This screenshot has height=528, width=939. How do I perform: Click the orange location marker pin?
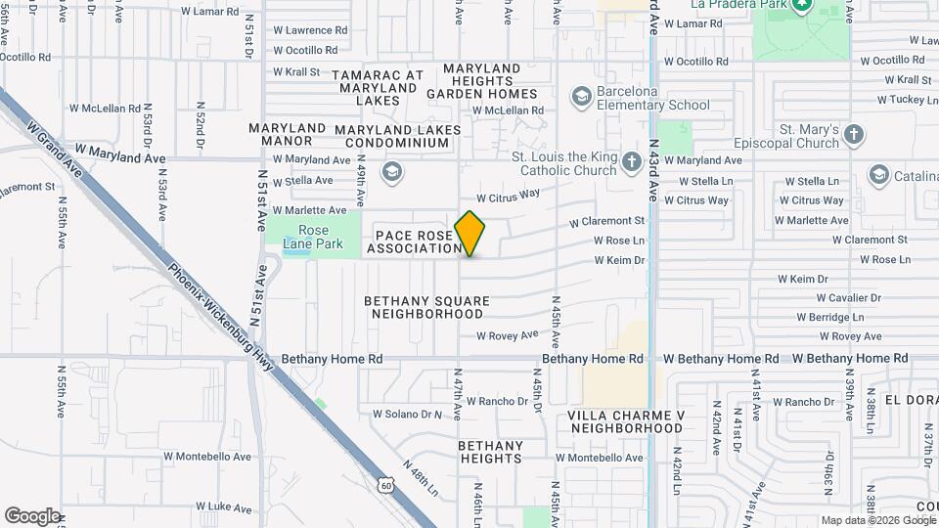pyautogui.click(x=470, y=233)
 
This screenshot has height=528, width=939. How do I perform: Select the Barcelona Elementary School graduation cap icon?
pyautogui.click(x=582, y=95)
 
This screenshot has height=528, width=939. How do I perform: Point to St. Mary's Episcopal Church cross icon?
pyautogui.click(x=854, y=135)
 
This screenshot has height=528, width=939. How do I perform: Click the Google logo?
pyautogui.click(x=32, y=516)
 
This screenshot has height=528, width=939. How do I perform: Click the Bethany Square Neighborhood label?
pyautogui.click(x=426, y=308)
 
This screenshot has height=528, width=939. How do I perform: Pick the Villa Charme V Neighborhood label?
pyautogui.click(x=625, y=421)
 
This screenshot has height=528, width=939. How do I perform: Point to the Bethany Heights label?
pyautogui.click(x=490, y=452)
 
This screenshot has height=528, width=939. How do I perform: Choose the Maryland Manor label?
pyautogui.click(x=287, y=135)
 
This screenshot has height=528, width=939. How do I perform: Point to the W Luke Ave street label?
pyautogui.click(x=224, y=506)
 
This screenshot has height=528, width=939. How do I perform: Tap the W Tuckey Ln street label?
pyautogui.click(x=890, y=100)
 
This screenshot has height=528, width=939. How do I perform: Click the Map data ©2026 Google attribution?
pyautogui.click(x=876, y=520)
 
